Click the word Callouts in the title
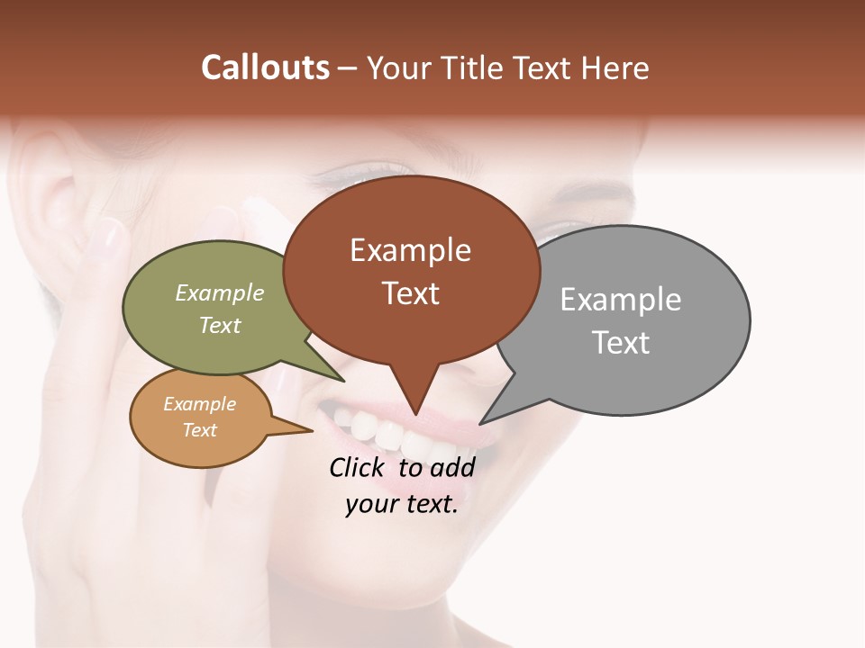point(265,67)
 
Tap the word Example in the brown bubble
point(410,250)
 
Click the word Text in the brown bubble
point(411,293)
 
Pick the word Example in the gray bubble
point(620,300)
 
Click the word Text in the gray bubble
point(621,343)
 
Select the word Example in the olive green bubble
point(220,292)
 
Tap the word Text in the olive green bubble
point(220,325)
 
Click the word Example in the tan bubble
point(199,404)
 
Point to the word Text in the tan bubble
point(199,430)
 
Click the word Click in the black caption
point(360,467)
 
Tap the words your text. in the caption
point(402,504)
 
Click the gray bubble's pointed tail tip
point(481,423)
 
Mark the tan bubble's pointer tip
point(312,430)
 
